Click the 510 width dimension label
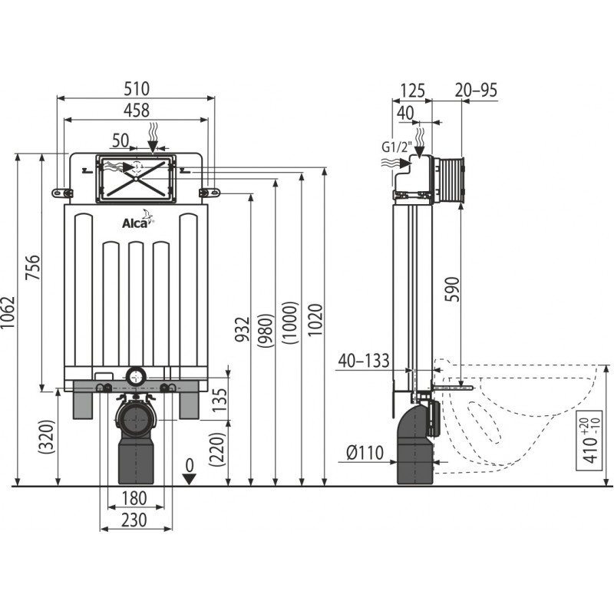pos(137,89)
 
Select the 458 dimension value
pos(137,111)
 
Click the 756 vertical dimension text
pos(33,267)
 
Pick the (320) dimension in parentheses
pos(47,437)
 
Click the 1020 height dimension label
pos(315,320)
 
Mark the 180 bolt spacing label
pos(134,498)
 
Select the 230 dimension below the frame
pos(134,520)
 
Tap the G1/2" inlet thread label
pos(397,147)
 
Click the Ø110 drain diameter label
pos(365,453)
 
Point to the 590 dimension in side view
pos(452,289)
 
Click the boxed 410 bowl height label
pos(589,441)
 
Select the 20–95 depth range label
pos(476,90)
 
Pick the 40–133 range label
pos(364,361)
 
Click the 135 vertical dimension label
pos(220,399)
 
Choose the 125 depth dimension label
pos(412,91)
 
